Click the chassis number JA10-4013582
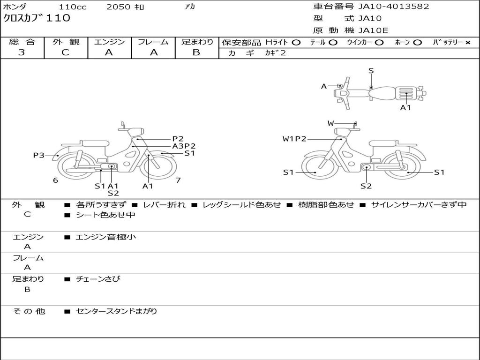tap(394, 7)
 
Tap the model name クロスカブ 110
tap(37, 18)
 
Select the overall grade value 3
tap(22, 52)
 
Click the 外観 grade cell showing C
tap(65, 52)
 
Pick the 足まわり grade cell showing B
tap(196, 52)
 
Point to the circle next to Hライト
tap(296, 43)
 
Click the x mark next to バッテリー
tap(468, 43)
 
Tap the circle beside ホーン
tap(417, 43)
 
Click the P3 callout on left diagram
tap(39, 155)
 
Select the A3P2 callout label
tap(184, 146)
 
